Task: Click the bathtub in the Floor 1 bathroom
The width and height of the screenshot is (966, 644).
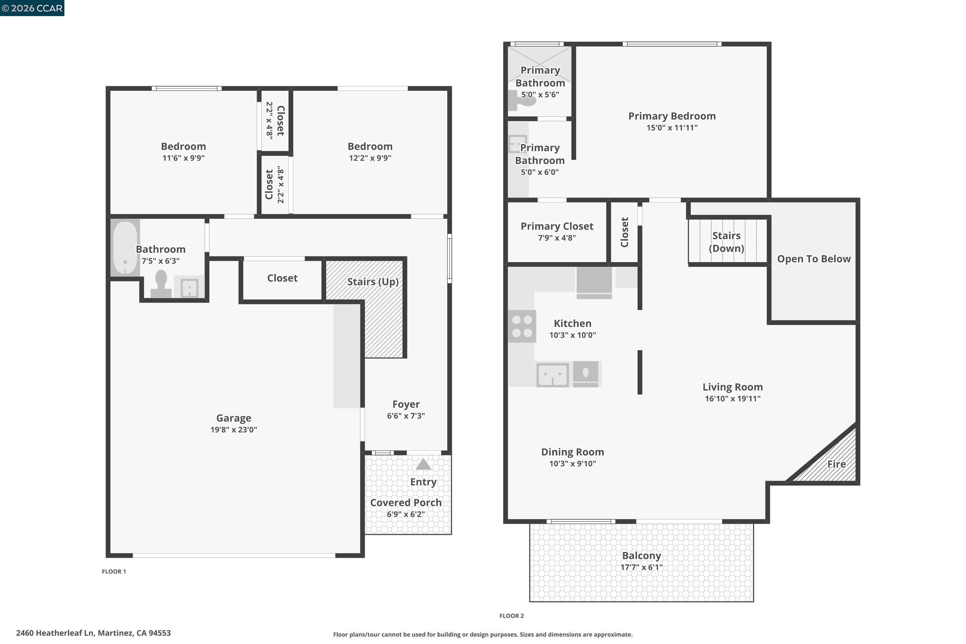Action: [x=125, y=248]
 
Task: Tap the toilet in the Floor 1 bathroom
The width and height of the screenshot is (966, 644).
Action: [x=161, y=283]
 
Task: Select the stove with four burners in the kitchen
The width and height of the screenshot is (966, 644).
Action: [x=522, y=326]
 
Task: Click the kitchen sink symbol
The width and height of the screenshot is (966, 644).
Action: [x=553, y=374]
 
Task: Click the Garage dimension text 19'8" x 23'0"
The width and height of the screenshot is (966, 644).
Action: [x=234, y=430]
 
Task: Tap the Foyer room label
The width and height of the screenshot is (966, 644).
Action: [x=406, y=404]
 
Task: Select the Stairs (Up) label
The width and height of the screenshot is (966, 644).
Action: [x=373, y=282]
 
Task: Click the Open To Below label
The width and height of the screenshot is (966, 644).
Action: [x=814, y=259]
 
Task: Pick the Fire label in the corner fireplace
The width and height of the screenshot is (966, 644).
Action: [x=836, y=464]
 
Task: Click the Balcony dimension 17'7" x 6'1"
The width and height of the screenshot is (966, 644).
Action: [x=641, y=567]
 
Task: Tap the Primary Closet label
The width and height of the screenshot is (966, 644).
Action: [x=557, y=226]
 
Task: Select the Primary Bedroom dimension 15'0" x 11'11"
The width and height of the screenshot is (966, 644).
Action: [x=672, y=128]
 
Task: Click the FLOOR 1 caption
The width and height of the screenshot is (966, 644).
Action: [x=114, y=571]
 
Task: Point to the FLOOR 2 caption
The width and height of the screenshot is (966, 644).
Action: [x=511, y=616]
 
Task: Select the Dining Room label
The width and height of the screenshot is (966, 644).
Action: [x=573, y=452]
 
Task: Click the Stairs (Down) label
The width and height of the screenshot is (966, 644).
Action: [x=726, y=242]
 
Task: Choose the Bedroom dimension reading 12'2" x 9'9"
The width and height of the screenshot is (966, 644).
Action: [x=370, y=158]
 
